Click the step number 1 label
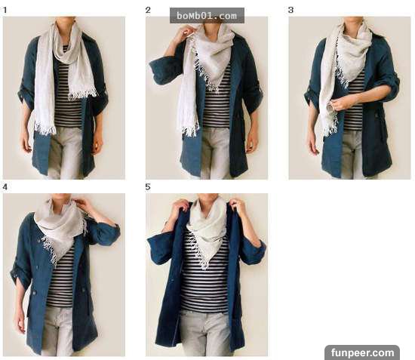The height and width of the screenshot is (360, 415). pos(5,11)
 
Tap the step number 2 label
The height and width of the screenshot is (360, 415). pos(148,10)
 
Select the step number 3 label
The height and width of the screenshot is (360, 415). pos(290,10)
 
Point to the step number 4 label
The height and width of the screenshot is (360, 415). pos(5,187)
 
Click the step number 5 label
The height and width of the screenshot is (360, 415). pos(148,187)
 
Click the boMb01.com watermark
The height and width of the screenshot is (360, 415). pos(207,16)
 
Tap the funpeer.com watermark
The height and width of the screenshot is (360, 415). pos(362,352)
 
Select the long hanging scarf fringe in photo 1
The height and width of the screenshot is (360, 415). pos(45,129)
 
